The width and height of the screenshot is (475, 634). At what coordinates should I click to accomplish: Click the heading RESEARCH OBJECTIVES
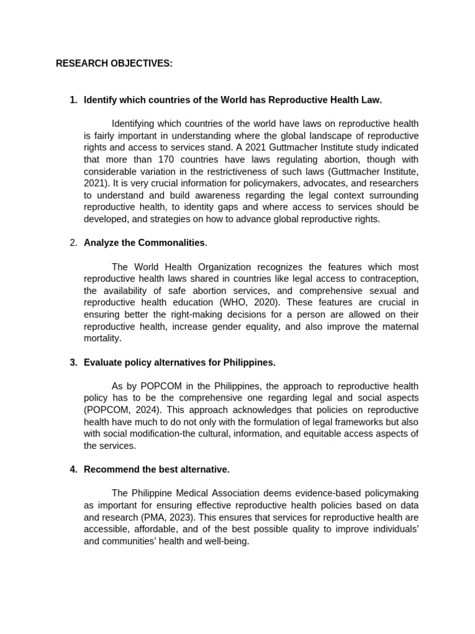114,64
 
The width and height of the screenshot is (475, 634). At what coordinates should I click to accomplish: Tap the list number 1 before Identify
74,100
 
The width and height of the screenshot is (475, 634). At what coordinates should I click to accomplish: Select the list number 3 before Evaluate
74,362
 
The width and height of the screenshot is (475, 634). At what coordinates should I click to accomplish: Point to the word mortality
102,339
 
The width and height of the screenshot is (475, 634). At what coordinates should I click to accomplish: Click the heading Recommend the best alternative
156,470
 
